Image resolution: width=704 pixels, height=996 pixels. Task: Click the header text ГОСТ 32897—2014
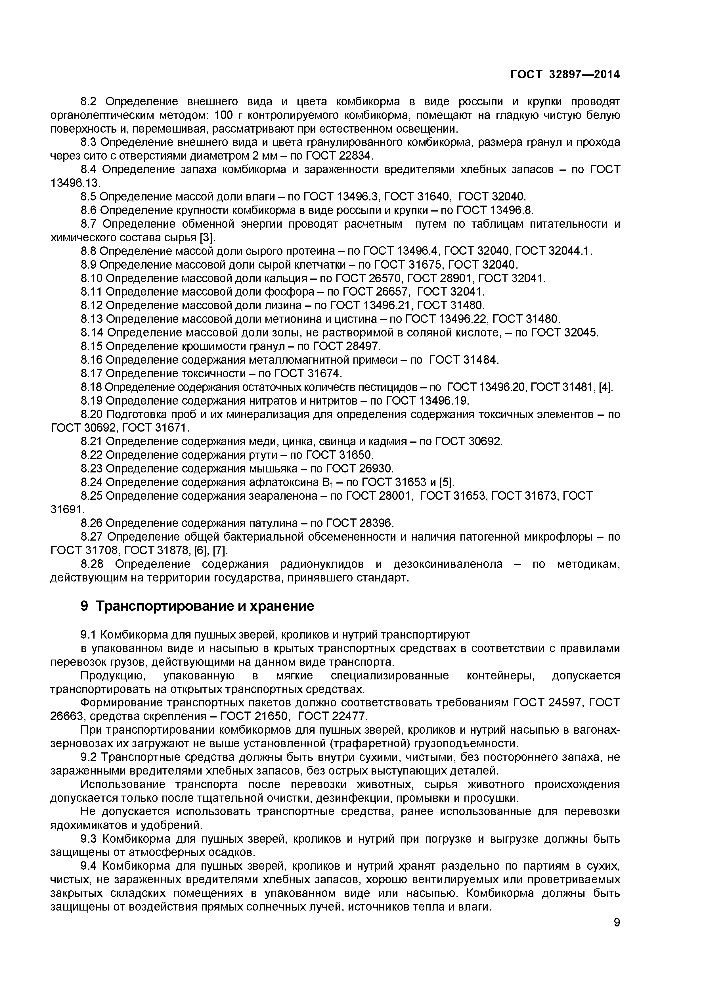pos(565,75)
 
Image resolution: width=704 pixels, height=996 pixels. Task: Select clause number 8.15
pos(92,346)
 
